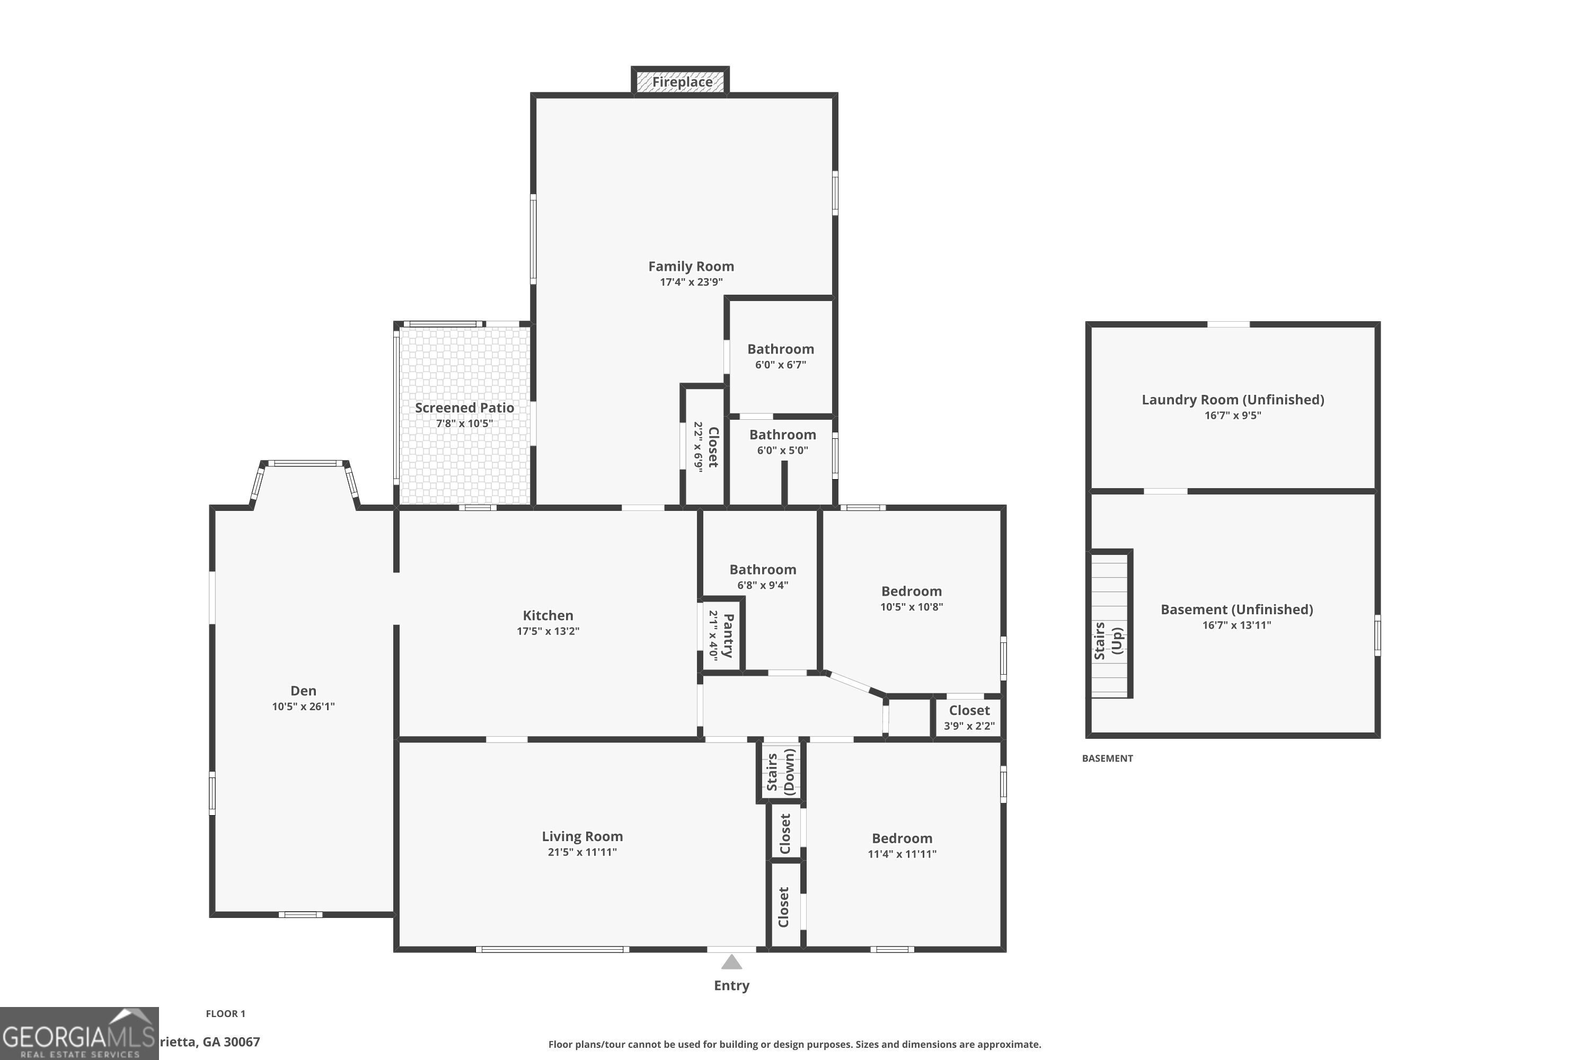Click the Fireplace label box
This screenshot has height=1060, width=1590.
click(x=681, y=82)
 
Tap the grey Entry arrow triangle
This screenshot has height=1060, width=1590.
click(x=731, y=962)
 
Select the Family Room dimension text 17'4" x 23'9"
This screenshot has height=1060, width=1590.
click(x=691, y=282)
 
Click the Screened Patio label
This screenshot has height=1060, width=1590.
click(x=464, y=408)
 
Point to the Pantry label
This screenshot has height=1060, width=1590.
click(x=727, y=635)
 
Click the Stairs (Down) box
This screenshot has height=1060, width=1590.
click(x=781, y=771)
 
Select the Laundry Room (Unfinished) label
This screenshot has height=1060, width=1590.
click(x=1232, y=400)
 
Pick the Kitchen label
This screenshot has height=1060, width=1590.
click(x=547, y=615)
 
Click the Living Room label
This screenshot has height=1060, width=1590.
click(x=582, y=836)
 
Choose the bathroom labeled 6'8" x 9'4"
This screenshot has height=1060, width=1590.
click(x=763, y=577)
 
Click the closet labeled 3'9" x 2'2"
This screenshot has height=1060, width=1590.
click(x=969, y=717)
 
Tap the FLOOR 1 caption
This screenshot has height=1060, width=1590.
click(x=226, y=1013)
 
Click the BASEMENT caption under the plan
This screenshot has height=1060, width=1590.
click(x=1107, y=758)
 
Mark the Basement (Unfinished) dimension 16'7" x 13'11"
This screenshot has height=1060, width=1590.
click(x=1236, y=625)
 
